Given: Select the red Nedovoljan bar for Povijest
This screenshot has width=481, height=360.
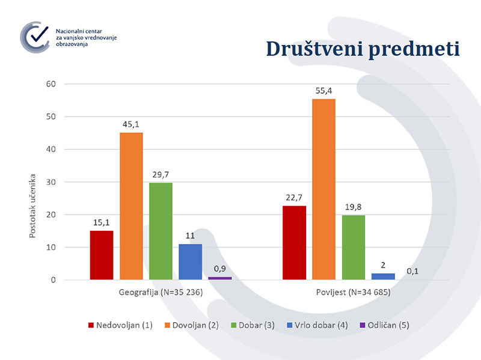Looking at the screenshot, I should pos(294,243).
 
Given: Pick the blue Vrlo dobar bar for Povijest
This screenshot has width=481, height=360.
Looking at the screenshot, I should pos(383,276).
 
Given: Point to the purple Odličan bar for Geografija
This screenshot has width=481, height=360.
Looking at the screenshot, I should pos(219,278).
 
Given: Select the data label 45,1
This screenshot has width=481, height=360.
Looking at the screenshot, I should pos(131,125).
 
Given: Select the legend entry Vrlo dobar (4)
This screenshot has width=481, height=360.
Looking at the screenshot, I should pos(319,325).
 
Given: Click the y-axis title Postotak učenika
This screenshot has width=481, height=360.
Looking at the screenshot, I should pos(34,206).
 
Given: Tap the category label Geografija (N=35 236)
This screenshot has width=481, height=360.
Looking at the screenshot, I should pos(161,293).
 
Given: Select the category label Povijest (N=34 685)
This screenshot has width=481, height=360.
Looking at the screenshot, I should pos(353,293).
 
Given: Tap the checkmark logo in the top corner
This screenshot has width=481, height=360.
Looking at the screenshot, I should pos(35,35).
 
